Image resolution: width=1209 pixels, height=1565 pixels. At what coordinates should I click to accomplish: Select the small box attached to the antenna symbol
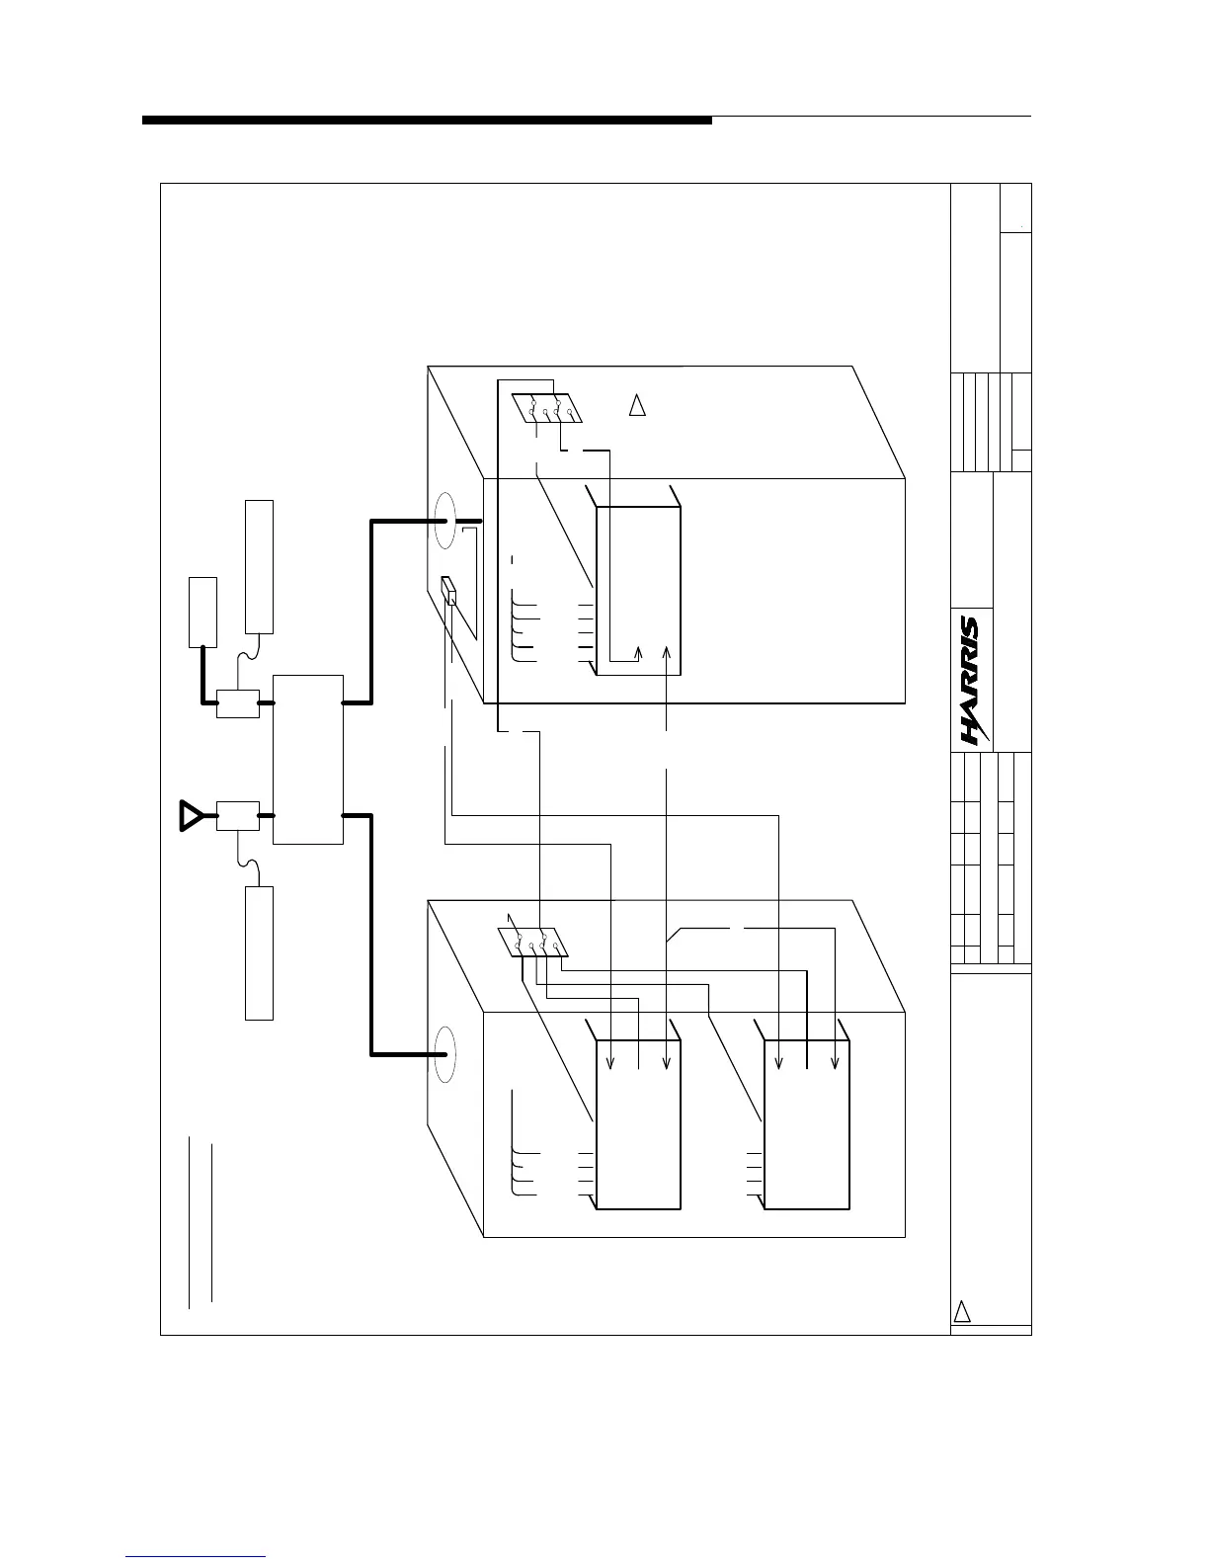tap(237, 816)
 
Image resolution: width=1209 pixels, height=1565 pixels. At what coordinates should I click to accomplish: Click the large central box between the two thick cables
tap(307, 759)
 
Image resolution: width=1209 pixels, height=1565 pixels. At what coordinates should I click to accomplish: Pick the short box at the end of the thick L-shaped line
tap(202, 612)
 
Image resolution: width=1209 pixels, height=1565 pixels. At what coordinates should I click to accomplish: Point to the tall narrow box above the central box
tap(259, 566)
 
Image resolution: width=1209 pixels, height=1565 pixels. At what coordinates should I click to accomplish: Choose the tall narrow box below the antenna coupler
tap(259, 952)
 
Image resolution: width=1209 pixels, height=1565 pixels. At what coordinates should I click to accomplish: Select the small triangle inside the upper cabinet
tap(637, 405)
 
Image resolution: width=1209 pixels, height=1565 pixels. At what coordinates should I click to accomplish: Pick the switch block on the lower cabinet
tap(532, 943)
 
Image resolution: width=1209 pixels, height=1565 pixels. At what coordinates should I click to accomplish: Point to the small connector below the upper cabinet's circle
tap(449, 591)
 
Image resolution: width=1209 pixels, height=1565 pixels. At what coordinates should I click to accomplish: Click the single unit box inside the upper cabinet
tap(638, 591)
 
